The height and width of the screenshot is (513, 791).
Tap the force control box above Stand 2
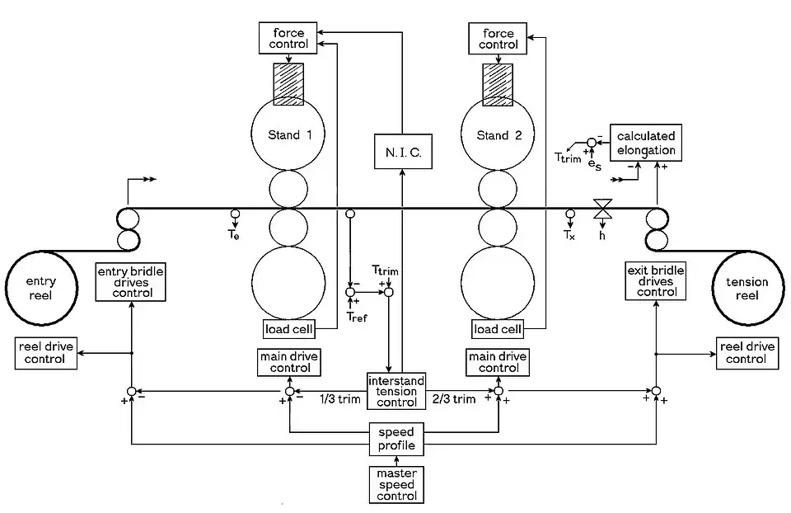click(497, 39)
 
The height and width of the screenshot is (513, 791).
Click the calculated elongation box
click(645, 143)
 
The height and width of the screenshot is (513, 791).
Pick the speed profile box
click(396, 440)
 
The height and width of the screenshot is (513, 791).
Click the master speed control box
click(396, 484)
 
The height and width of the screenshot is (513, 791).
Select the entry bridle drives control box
click(131, 282)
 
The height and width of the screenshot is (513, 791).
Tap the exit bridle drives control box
click(656, 281)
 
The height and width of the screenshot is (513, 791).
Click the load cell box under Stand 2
click(498, 329)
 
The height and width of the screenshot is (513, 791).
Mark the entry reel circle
click(41, 289)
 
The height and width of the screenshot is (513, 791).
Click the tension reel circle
click(747, 289)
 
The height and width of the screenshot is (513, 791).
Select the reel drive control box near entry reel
click(45, 353)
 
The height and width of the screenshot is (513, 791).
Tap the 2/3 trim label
click(454, 400)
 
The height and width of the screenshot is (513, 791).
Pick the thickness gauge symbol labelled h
click(602, 209)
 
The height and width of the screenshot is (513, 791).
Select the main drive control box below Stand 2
click(498, 362)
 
